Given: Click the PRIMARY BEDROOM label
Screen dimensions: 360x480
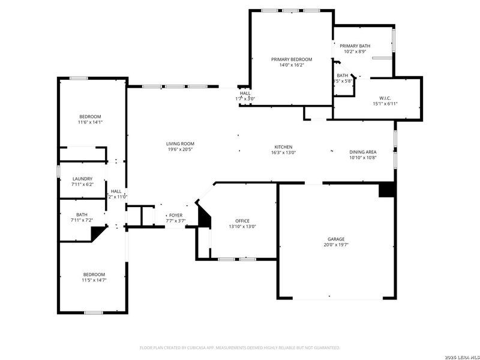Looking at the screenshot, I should pos(292,59).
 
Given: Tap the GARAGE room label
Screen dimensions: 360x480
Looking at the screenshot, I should pos(336,239).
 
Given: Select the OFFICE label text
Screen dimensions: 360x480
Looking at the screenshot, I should pos(242,220).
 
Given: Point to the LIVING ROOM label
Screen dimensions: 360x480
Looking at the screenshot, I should pos(180,143).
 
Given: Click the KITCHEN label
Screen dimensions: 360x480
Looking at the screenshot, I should pos(283,147).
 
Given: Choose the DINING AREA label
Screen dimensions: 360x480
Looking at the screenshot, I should pos(363,152).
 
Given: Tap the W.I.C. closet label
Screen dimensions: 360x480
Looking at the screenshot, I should pos(385,97).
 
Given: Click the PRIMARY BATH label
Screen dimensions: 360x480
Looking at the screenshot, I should pos(355,46).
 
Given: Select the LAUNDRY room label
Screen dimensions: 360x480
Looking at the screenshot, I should pos(82,179).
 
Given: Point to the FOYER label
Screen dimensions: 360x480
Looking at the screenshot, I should pos(175,215).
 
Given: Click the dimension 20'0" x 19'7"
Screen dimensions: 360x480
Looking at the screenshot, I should pos(336,245).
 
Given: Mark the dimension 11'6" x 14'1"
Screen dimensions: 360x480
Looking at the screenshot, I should pos(90,122).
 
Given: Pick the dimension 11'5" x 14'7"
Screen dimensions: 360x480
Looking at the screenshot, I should pos(94,280).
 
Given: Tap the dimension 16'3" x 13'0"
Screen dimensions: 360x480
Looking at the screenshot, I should pos(283,153).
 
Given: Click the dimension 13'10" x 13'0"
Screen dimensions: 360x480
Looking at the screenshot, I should pos(242,226).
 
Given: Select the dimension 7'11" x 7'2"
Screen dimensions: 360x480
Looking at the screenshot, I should pos(82,221).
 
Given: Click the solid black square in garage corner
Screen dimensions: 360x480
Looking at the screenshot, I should pos(387,190).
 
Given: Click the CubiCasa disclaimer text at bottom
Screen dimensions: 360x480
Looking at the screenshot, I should pos(240,347).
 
